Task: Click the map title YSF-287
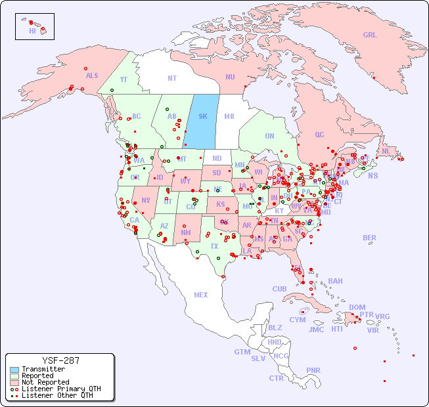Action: tap(60, 360)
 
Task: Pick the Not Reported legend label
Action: tap(45, 382)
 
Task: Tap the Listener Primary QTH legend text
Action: tap(60, 389)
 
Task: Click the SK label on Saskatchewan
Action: tap(203, 116)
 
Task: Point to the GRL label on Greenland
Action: tap(370, 35)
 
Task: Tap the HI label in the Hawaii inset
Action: tap(32, 31)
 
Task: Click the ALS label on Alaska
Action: tap(92, 75)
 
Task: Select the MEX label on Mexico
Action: tap(201, 295)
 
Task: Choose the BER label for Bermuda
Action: tap(369, 238)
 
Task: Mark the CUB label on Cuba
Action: tap(279, 289)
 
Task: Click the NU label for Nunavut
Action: tap(230, 77)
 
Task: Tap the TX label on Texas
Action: tap(214, 246)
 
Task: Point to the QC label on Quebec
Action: tap(319, 135)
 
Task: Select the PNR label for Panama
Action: tap(313, 370)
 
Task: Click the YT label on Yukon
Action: tap(124, 79)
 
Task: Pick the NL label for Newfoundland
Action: tap(386, 151)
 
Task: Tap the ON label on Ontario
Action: tap(269, 136)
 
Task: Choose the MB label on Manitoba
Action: tap(229, 116)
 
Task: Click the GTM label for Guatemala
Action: tap(242, 352)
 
